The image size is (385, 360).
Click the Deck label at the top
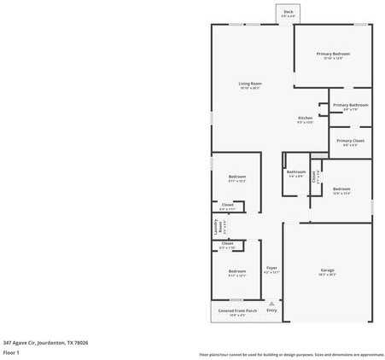(x=288, y=11)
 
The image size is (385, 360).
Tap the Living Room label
(x=250, y=84)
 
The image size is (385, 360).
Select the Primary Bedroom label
(x=333, y=54)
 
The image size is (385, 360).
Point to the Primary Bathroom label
(x=350, y=105)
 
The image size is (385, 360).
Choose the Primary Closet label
(x=350, y=141)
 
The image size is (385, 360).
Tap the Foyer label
(x=271, y=268)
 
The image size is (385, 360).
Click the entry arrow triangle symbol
(x=271, y=303)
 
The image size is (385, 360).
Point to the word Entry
(x=271, y=311)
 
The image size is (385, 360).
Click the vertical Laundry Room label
(x=217, y=227)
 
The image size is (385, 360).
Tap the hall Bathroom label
(x=295, y=172)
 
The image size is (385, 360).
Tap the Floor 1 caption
(x=11, y=352)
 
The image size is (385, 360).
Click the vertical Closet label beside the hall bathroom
(x=314, y=177)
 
